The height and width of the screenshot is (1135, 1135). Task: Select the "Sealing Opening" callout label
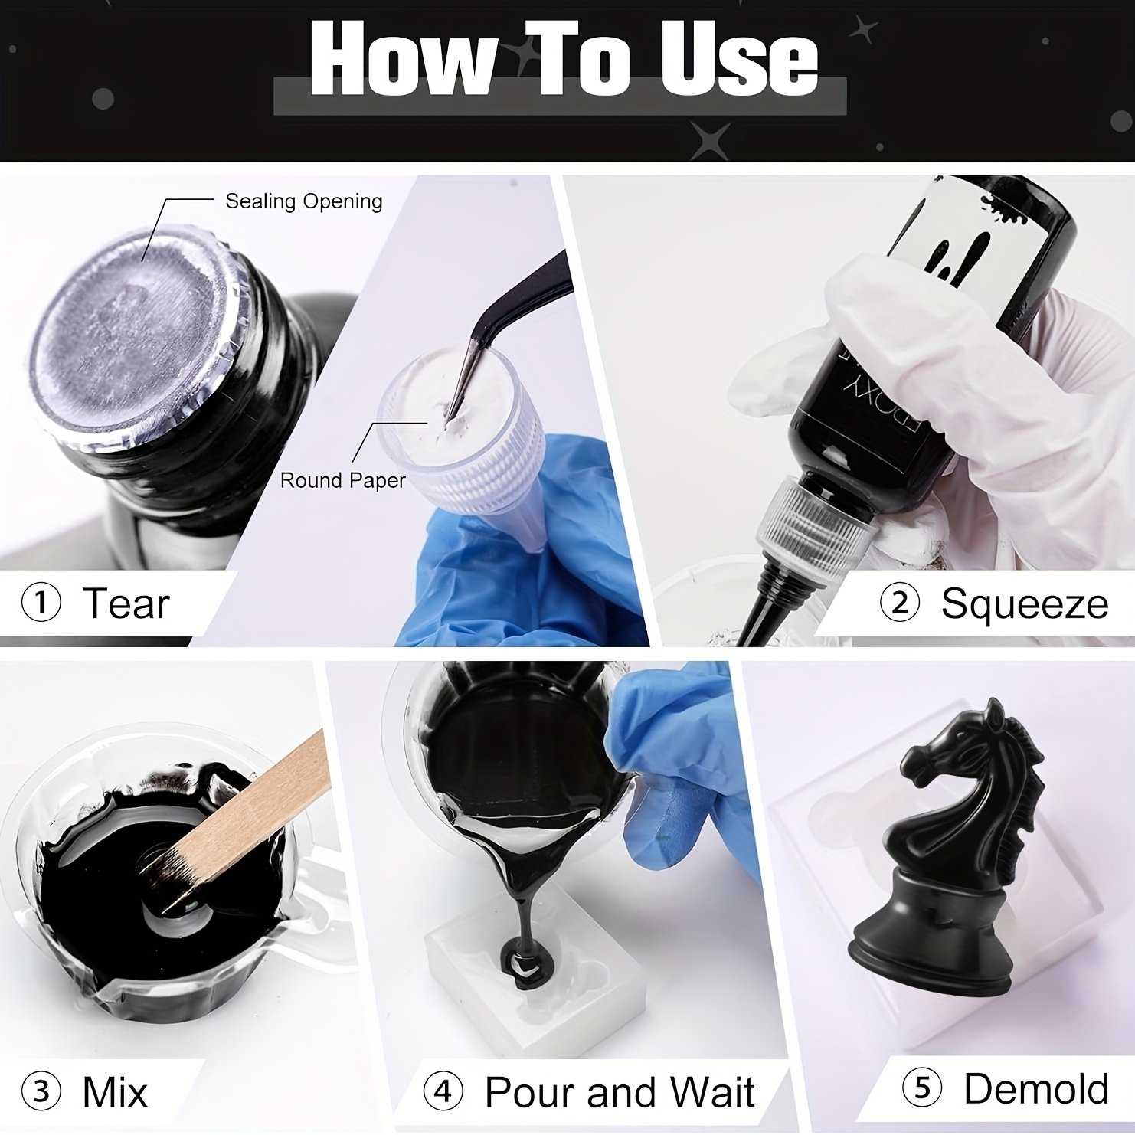click(x=304, y=201)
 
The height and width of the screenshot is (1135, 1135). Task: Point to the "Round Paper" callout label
click(x=343, y=480)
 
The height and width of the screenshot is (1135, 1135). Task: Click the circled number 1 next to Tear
click(x=42, y=603)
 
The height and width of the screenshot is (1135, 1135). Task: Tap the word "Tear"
click(x=126, y=603)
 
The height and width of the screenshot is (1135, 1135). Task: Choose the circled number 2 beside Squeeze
click(x=901, y=603)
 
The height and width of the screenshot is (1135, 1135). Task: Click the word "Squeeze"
click(x=1025, y=603)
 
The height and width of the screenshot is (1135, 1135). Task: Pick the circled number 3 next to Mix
click(x=42, y=1091)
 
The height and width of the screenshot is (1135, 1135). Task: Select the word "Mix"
click(x=115, y=1091)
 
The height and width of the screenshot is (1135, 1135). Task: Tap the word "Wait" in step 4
click(x=711, y=1091)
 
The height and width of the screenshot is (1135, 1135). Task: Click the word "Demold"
click(x=1036, y=1088)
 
